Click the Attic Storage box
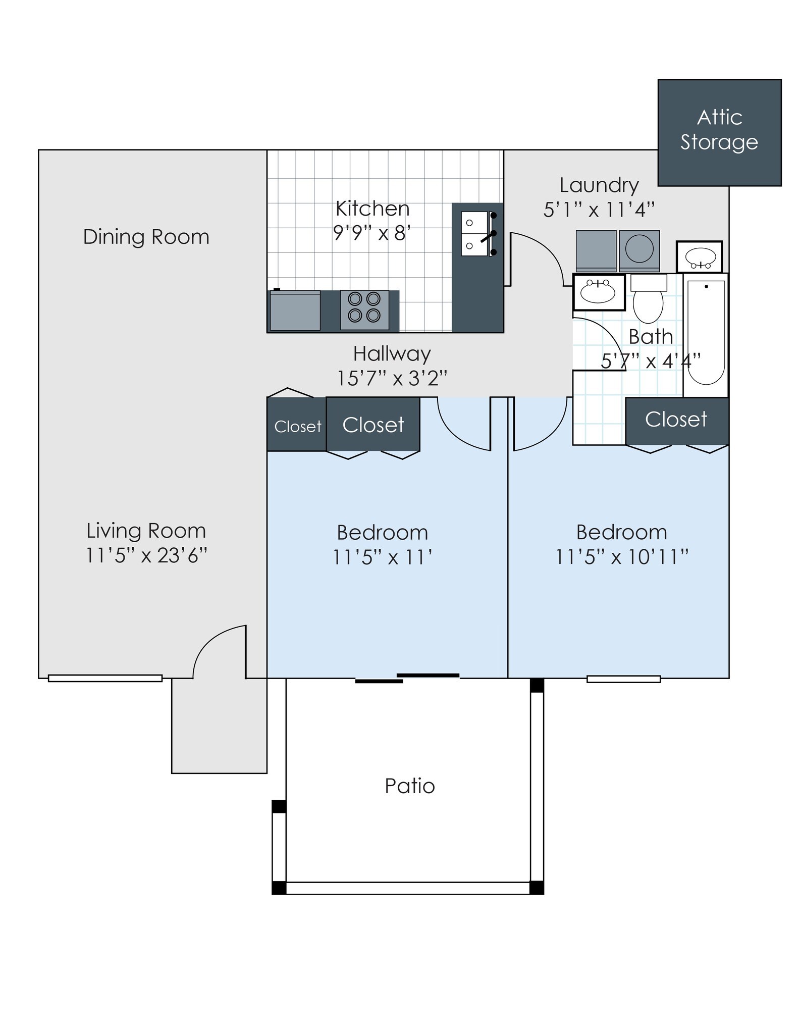coord(719,133)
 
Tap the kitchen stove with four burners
coord(364,309)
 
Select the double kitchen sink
coord(475,234)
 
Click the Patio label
coord(410,786)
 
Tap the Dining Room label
coord(146,237)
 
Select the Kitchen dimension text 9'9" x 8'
coord(372,233)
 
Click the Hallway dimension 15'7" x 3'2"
coord(392,378)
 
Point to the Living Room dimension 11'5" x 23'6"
coord(146,555)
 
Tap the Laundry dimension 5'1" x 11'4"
coord(599,209)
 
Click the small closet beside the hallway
coord(297,424)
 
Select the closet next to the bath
coord(677,421)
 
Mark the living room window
coord(105,678)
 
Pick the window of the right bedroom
coord(623,679)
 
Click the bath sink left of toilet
coord(599,292)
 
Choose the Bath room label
coord(651,336)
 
